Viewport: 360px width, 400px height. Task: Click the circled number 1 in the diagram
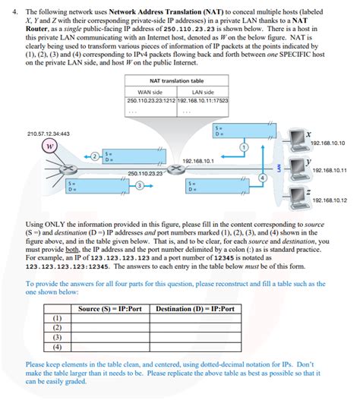pyautogui.click(x=243, y=146)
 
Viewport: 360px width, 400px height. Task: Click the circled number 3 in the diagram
pyautogui.click(x=139, y=187)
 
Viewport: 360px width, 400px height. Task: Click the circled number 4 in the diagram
pyautogui.click(x=262, y=178)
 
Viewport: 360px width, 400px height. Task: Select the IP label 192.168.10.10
pyautogui.click(x=328, y=143)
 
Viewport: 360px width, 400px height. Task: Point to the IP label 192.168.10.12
pyautogui.click(x=329, y=200)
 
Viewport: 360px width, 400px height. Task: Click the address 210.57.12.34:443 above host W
pyautogui.click(x=48, y=134)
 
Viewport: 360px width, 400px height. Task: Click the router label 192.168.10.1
pyautogui.click(x=198, y=161)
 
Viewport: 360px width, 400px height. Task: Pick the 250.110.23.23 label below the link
pyautogui.click(x=147, y=173)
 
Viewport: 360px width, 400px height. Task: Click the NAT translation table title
pyautogui.click(x=176, y=80)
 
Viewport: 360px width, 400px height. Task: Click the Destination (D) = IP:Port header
pyautogui.click(x=194, y=309)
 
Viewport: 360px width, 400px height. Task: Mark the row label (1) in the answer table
pyautogui.click(x=58, y=319)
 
